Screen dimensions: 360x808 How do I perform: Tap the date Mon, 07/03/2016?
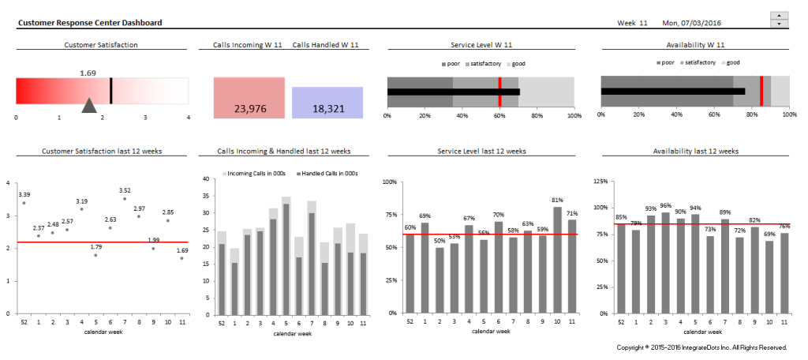(x=694, y=23)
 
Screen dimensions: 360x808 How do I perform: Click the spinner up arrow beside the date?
(x=780, y=15)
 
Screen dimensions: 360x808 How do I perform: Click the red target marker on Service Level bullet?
(x=499, y=92)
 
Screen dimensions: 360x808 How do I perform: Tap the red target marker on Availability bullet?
(x=761, y=92)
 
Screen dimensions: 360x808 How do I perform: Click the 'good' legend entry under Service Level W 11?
(x=517, y=63)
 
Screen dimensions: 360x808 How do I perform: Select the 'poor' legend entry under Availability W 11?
(x=664, y=63)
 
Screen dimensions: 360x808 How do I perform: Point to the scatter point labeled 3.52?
(x=124, y=199)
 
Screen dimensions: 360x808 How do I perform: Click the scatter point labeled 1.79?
(x=95, y=255)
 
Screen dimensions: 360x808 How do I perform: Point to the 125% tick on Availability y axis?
(x=600, y=182)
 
